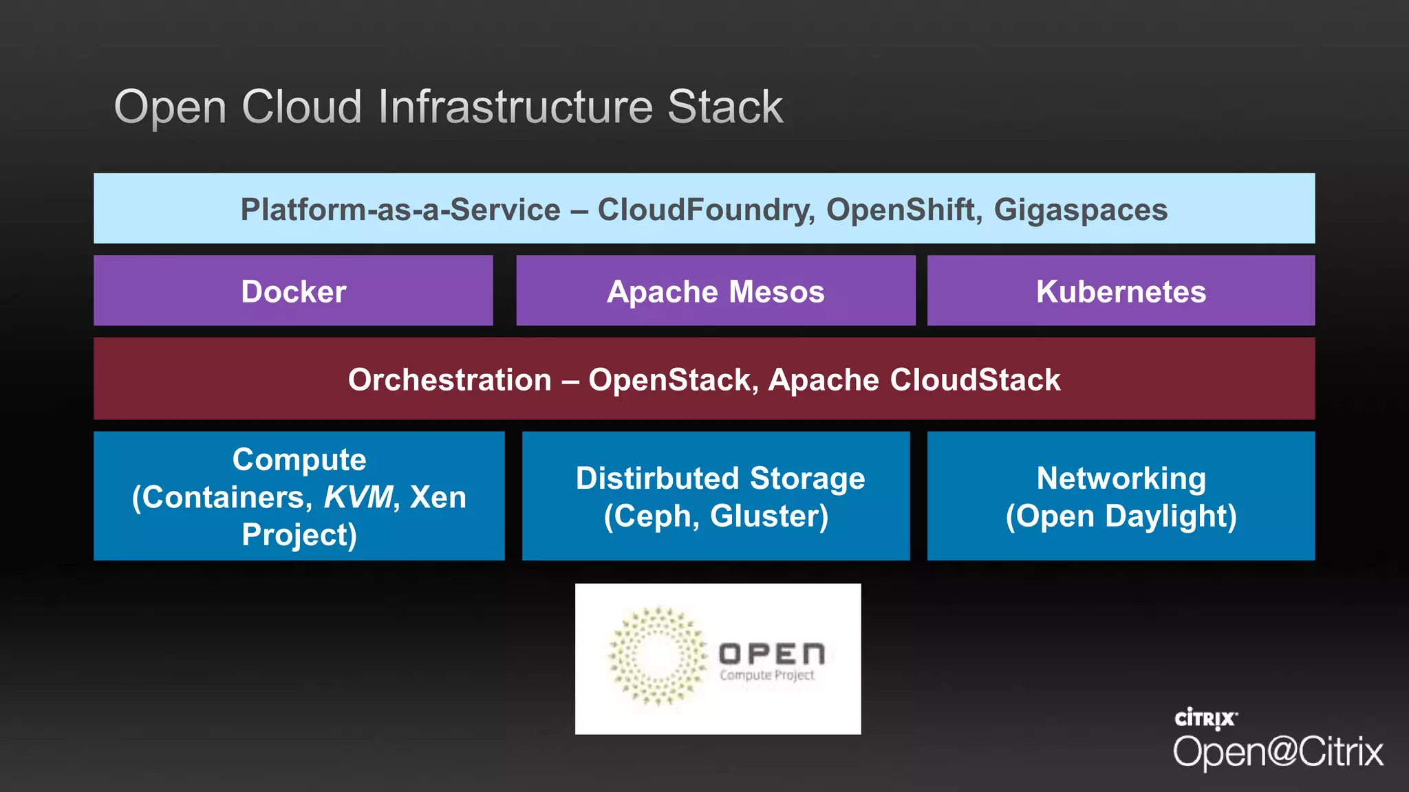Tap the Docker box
click(x=293, y=291)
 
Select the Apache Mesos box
click(x=716, y=291)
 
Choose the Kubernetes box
click(x=1121, y=291)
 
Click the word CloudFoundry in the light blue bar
click(x=706, y=210)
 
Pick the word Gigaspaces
click(x=1080, y=210)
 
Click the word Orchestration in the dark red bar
click(x=449, y=380)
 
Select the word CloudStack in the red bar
click(x=975, y=380)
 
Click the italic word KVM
click(x=358, y=497)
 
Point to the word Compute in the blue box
click(x=299, y=459)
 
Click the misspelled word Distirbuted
click(x=657, y=478)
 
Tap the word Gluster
click(x=768, y=516)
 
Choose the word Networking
click(x=1121, y=478)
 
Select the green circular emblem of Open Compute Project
click(x=656, y=657)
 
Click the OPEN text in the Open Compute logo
click(x=771, y=653)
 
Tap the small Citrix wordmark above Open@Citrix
click(x=1205, y=719)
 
